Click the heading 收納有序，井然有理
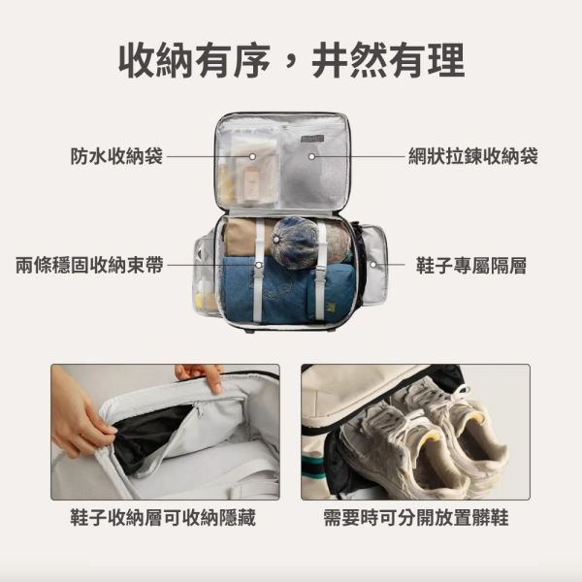point(291,61)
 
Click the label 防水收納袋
point(116,155)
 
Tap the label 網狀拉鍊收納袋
point(472,155)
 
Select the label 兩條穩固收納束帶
point(89,265)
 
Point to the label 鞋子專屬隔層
point(471,265)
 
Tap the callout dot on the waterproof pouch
point(251,155)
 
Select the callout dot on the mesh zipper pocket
point(312,155)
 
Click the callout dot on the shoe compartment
point(372,265)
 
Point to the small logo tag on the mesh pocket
point(312,141)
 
